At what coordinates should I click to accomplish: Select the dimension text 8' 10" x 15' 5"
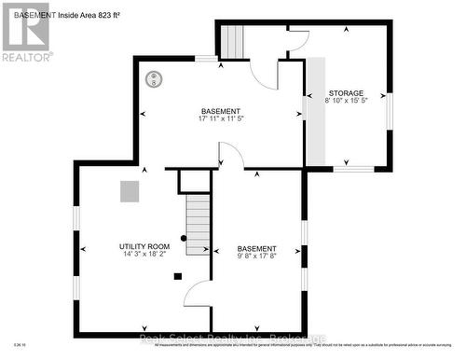pyautogui.click(x=347, y=101)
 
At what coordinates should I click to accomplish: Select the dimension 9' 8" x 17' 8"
pyautogui.click(x=256, y=256)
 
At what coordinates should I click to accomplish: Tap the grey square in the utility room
pyautogui.click(x=129, y=190)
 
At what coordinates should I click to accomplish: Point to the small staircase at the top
pyautogui.click(x=233, y=41)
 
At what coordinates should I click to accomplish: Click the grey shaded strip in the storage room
pyautogui.click(x=317, y=112)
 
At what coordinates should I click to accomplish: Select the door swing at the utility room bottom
pyautogui.click(x=199, y=294)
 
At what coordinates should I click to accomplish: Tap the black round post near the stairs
pyautogui.click(x=184, y=239)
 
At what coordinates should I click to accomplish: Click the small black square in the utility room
pyautogui.click(x=175, y=275)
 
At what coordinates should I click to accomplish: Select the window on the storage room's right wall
pyautogui.click(x=390, y=108)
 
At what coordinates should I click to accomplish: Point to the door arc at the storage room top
pyautogui.click(x=298, y=40)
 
